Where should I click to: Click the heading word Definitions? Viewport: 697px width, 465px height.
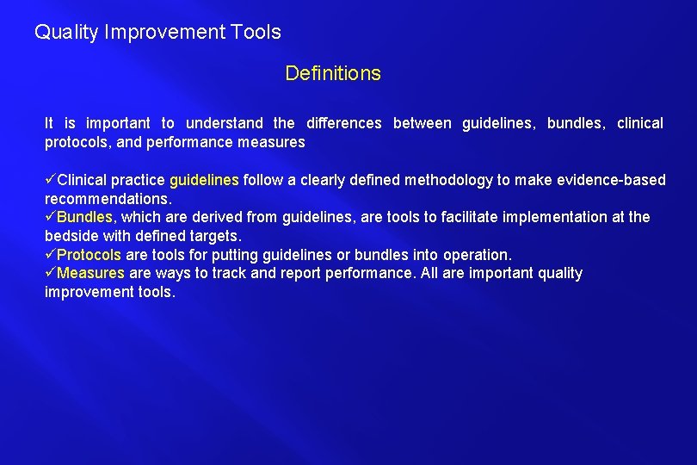tap(332, 74)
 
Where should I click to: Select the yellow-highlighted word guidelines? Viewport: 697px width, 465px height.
tap(204, 180)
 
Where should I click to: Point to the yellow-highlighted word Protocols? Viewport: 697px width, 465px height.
tap(89, 255)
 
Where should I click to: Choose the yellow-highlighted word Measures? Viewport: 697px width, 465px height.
tap(90, 273)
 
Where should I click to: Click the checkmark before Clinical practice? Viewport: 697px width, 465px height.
tap(51, 180)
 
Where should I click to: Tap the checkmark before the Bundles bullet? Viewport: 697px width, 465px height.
tap(51, 217)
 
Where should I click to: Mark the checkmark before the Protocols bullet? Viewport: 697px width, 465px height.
tap(51, 255)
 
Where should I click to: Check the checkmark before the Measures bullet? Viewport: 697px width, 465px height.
tap(51, 273)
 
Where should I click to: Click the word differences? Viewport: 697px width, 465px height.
tap(343, 123)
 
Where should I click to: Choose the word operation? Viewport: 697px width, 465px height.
tap(479, 255)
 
